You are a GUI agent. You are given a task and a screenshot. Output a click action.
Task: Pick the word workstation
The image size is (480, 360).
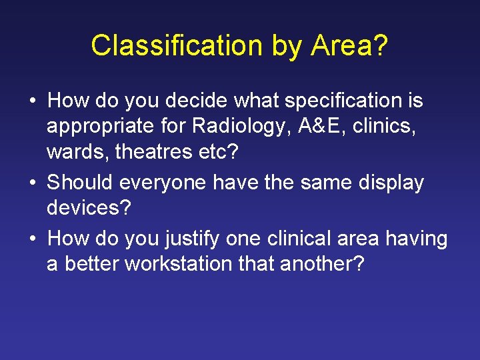(183, 264)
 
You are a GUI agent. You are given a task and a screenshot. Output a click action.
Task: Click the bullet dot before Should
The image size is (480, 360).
(33, 183)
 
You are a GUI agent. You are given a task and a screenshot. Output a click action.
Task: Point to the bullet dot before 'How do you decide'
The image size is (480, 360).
(33, 101)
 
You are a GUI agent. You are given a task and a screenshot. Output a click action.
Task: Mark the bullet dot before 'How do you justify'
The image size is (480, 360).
(33, 237)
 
